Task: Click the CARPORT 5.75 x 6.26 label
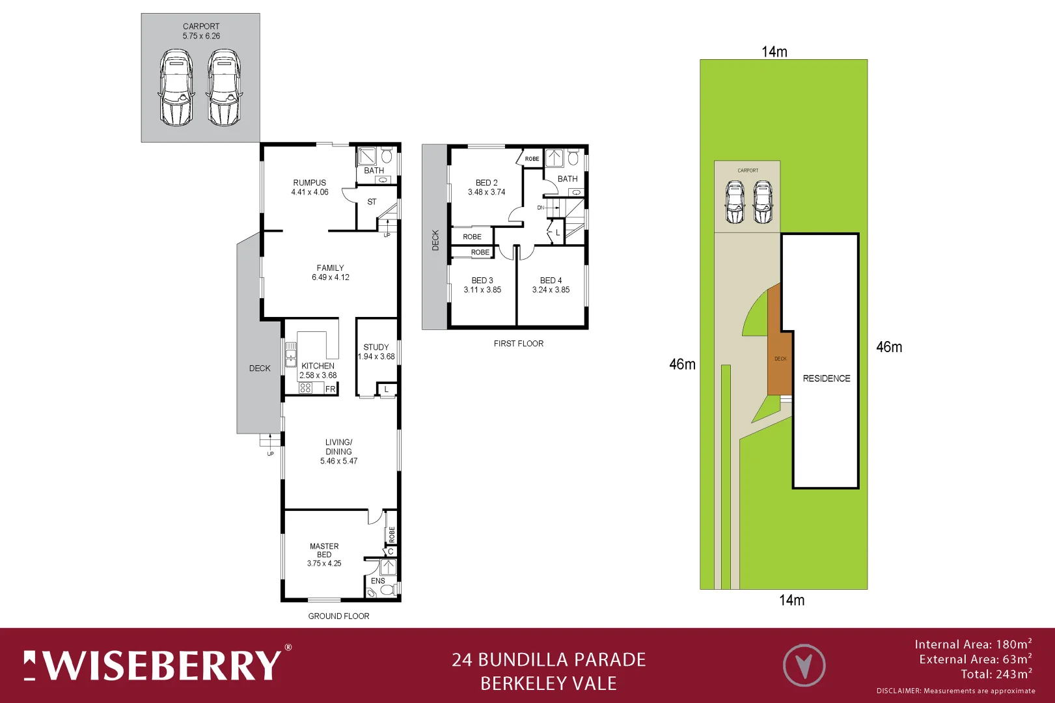(201, 31)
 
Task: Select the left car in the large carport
(176, 89)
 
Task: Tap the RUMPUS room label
(310, 187)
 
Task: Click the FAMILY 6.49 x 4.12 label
(331, 272)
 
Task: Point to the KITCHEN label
(318, 370)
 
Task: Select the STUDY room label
(376, 351)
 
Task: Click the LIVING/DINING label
(338, 451)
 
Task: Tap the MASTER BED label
(324, 555)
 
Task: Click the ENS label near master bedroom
(378, 581)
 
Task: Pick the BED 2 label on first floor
(486, 187)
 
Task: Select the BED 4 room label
(551, 285)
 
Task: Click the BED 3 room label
(482, 285)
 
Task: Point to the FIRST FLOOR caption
(518, 344)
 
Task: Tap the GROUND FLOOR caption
(338, 616)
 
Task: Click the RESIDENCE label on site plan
(826, 378)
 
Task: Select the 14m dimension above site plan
(774, 51)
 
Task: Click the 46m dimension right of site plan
(888, 347)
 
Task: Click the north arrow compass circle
(804, 665)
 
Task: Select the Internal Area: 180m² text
(972, 644)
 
